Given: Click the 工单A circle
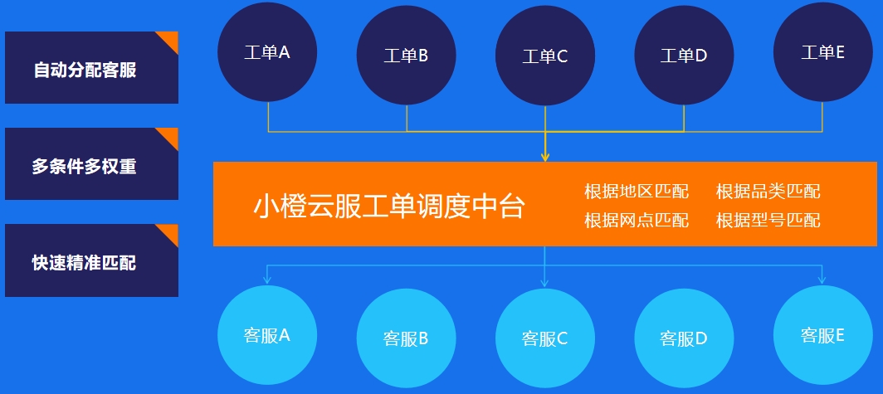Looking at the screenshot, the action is coord(267,52).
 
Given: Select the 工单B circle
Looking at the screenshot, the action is coord(406,56).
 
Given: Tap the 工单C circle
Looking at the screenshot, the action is coord(545,56).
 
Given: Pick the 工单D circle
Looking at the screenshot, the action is coord(684,56).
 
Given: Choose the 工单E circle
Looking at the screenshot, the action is coord(822,52).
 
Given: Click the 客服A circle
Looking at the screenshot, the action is coord(267,335).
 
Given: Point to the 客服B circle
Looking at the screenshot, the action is coord(406,338).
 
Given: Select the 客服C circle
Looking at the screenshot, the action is coord(545,338).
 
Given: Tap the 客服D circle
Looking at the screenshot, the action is coord(684,338).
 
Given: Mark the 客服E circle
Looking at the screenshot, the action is coord(822,335).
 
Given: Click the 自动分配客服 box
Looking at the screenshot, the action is coord(92,67).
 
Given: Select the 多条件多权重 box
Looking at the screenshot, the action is coord(92,163).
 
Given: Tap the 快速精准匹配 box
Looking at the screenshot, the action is coord(92,260).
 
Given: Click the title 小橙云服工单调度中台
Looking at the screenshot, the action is coord(389,206).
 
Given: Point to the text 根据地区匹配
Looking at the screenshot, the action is coord(637,192).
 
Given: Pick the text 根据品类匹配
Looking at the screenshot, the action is coord(768,192).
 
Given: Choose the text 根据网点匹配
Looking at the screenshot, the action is coord(637,220).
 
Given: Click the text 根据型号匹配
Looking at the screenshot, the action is coord(768,220).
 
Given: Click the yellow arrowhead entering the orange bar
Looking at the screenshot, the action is coord(545,157).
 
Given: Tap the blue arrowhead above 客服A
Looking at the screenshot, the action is coord(267,279).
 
